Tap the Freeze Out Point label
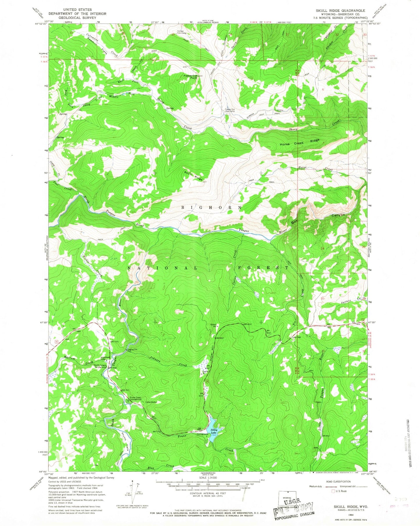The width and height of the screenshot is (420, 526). (191, 77)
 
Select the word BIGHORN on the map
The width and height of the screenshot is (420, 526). (212, 207)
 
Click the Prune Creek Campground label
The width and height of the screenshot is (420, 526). (135, 398)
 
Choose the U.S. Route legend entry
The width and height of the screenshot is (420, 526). (340, 491)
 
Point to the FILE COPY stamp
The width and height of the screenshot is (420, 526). (294, 507)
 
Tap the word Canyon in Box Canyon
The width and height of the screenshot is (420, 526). (338, 215)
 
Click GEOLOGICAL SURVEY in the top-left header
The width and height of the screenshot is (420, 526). (77, 18)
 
